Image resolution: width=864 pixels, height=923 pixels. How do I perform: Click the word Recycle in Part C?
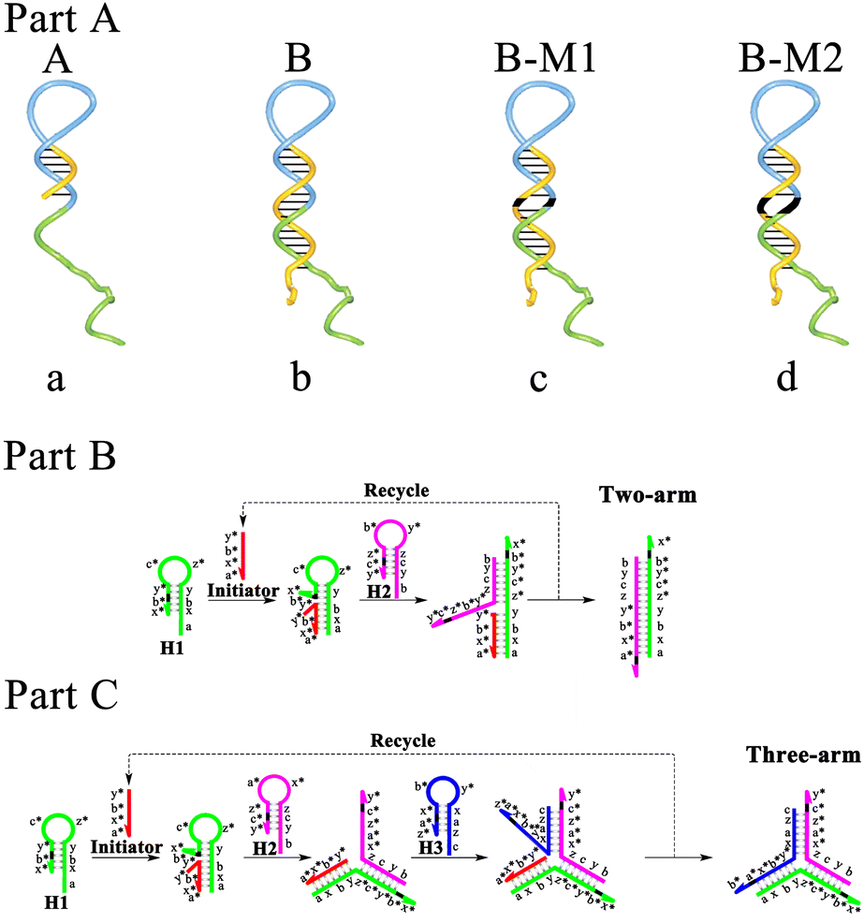[x=405, y=740]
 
